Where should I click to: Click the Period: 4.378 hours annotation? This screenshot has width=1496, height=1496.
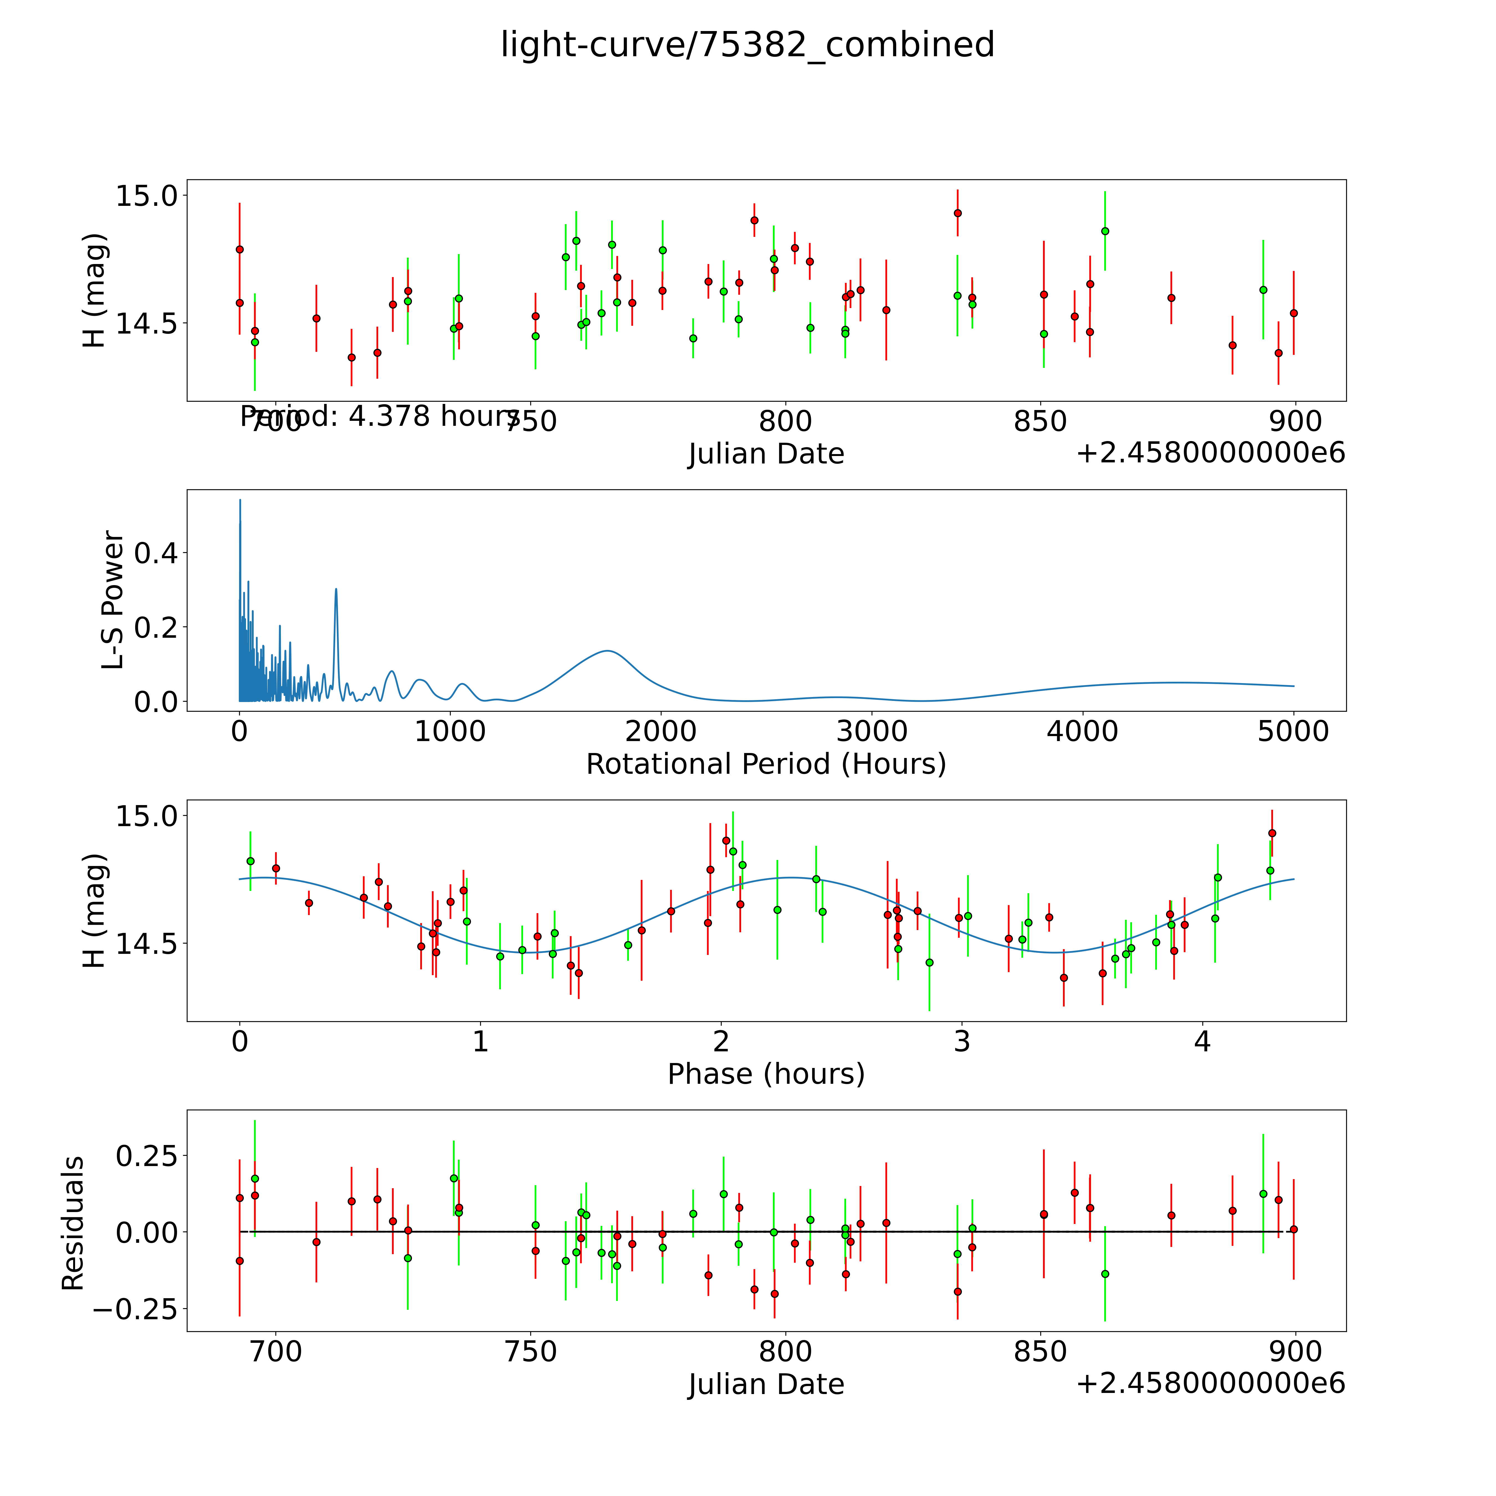click(x=380, y=417)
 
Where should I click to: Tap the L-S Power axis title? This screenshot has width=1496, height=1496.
click(x=113, y=600)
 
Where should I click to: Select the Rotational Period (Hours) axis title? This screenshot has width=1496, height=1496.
click(x=766, y=764)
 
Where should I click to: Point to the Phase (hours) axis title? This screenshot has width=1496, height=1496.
click(x=766, y=1074)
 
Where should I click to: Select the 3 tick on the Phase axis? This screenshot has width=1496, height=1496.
click(x=962, y=1041)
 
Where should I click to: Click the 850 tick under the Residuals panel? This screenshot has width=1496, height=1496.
click(x=1041, y=1351)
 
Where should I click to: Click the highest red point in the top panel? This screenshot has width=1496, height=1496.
click(x=958, y=213)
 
